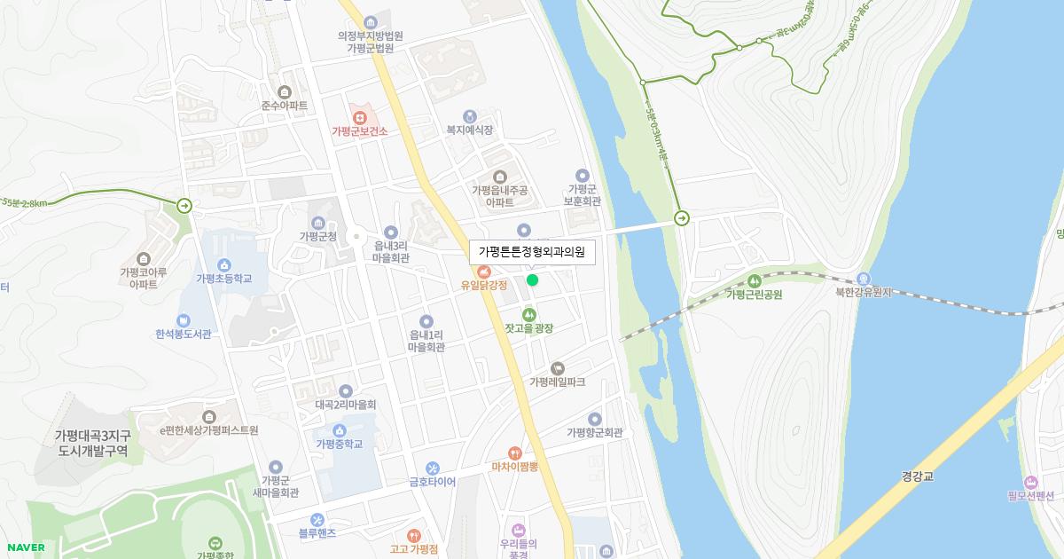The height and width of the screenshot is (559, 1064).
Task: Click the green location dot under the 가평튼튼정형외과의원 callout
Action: (x=532, y=280)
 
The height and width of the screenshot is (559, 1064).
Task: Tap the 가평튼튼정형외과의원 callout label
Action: (x=532, y=252)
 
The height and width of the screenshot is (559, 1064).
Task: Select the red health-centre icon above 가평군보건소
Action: (x=360, y=116)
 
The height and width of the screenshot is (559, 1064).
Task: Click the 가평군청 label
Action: (x=318, y=237)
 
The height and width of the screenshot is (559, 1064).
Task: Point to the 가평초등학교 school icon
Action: (x=224, y=264)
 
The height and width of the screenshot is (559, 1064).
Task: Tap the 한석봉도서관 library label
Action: (x=183, y=335)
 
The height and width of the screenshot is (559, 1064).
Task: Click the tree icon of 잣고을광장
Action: (x=529, y=314)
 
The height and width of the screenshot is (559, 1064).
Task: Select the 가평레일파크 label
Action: (x=557, y=382)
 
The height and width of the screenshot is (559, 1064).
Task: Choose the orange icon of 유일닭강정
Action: (x=484, y=271)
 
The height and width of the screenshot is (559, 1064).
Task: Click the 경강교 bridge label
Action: (x=917, y=476)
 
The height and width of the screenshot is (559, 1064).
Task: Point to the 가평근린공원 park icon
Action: (x=754, y=280)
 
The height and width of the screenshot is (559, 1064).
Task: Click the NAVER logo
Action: (x=24, y=547)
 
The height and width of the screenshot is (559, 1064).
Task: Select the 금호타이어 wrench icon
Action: (x=432, y=468)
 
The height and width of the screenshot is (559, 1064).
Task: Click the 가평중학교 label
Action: (x=339, y=444)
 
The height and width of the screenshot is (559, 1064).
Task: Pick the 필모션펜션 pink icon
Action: (x=1029, y=481)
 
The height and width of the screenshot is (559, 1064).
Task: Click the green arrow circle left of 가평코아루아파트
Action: (x=184, y=206)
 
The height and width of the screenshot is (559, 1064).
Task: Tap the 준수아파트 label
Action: (x=285, y=106)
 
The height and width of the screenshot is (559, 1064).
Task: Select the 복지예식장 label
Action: (x=469, y=130)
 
